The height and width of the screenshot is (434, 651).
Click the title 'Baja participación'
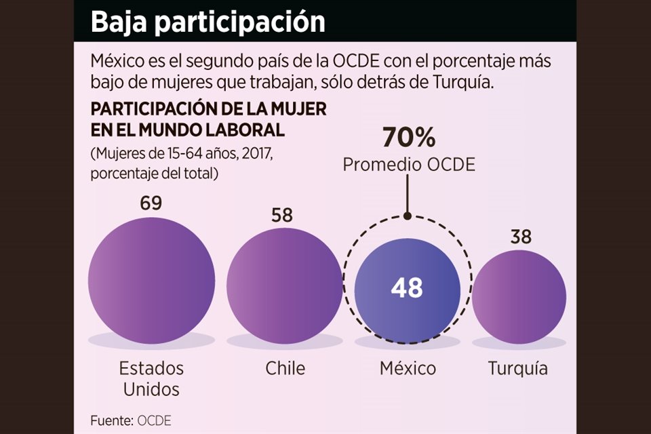tap(208, 22)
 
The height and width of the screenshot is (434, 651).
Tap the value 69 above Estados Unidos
tap(151, 204)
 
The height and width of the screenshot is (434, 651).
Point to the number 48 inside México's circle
tap(407, 288)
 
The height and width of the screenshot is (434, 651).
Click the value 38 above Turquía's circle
tap(521, 237)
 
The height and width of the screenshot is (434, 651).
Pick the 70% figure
tap(408, 138)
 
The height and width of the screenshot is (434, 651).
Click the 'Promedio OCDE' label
tap(408, 164)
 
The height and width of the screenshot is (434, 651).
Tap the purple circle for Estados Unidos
tap(151, 278)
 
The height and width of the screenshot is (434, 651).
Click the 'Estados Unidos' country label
tap(151, 378)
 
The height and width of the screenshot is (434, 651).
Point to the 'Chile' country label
tap(285, 368)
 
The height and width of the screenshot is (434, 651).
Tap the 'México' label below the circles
tap(408, 368)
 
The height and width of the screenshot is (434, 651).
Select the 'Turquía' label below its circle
tap(517, 369)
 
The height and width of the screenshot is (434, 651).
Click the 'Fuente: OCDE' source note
tap(131, 420)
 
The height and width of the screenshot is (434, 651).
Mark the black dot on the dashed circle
tap(408, 216)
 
